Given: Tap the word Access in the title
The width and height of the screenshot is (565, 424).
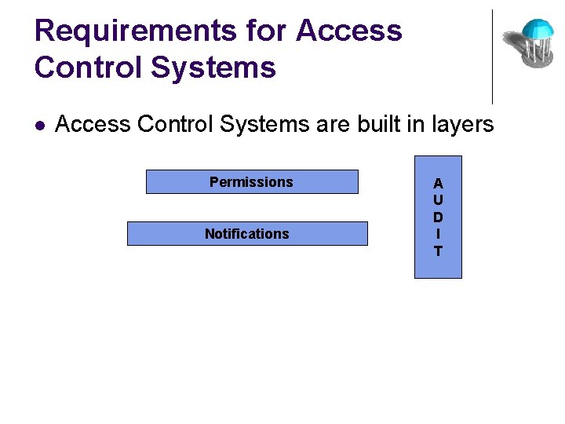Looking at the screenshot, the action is click(349, 31).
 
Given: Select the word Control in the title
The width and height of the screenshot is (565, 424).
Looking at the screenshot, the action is click(87, 68).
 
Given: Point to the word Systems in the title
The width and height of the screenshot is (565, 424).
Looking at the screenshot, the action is click(213, 68).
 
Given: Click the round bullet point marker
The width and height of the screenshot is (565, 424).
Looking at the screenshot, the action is click(40, 125).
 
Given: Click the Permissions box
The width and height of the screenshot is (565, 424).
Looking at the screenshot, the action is click(251, 182).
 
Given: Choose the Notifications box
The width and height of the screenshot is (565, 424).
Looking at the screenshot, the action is click(246, 234).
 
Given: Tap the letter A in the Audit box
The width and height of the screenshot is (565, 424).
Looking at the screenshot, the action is click(438, 184).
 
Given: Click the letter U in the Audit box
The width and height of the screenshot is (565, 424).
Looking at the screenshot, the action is click(438, 200).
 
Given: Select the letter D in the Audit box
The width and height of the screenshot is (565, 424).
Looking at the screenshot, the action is click(438, 217).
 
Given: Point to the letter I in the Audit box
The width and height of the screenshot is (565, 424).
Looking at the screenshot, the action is click(438, 234).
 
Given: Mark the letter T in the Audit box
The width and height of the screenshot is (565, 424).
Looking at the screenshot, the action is click(438, 251).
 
